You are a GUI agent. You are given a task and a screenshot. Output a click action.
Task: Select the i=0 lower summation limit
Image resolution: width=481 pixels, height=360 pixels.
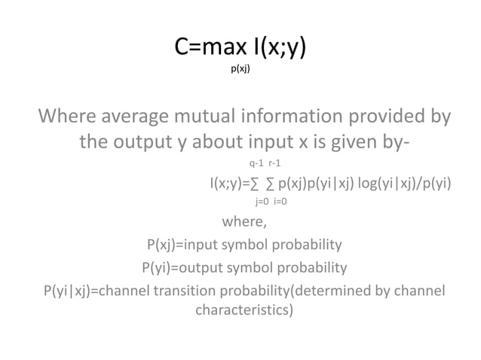pyautogui.click(x=280, y=202)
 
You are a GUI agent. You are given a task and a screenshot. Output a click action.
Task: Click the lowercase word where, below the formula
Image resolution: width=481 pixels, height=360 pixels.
pyautogui.click(x=244, y=222)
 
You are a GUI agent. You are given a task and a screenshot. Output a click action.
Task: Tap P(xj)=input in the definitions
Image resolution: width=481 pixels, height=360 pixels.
pyautogui.click(x=186, y=245)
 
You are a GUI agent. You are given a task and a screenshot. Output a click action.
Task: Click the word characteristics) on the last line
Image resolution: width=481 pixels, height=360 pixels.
pyautogui.click(x=244, y=310)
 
